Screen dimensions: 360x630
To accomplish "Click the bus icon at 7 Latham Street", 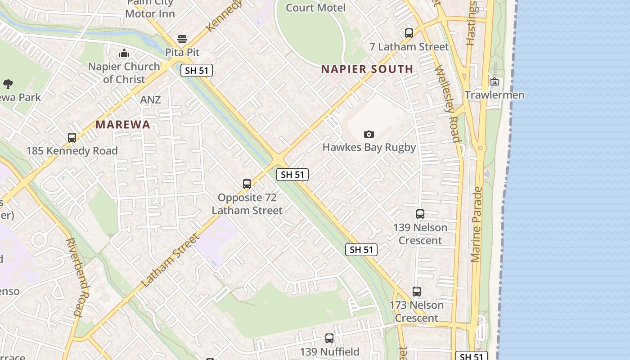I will tap(409, 33).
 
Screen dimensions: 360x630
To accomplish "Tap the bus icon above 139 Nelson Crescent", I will tap(420, 214).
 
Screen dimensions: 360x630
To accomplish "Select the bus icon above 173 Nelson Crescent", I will tap(417, 292).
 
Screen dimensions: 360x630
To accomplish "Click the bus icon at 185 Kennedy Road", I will tap(72, 138).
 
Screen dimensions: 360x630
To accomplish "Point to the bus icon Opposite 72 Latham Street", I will tap(247, 184).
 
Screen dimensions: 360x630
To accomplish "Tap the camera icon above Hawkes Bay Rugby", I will tap(369, 134).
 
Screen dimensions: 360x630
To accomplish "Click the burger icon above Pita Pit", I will tap(182, 39).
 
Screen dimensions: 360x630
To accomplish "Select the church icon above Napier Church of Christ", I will tap(124, 54).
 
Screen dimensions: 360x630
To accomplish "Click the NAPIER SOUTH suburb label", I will tap(367, 69).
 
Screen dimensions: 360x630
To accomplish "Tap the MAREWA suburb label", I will tap(123, 125).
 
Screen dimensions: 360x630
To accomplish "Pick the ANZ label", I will tap(150, 99).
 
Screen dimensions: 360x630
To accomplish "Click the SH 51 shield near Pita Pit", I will tap(197, 70).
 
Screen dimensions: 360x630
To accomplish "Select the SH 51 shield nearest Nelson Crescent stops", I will tap(361, 250).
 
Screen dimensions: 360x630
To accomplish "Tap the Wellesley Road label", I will tap(447, 103).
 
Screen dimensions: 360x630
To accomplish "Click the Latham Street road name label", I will tap(170, 261).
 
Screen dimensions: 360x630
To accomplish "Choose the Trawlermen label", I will tap(495, 95).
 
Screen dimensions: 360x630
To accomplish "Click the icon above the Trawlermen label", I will tap(495, 81).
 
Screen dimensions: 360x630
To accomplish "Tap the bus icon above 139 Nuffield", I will tap(329, 338).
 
